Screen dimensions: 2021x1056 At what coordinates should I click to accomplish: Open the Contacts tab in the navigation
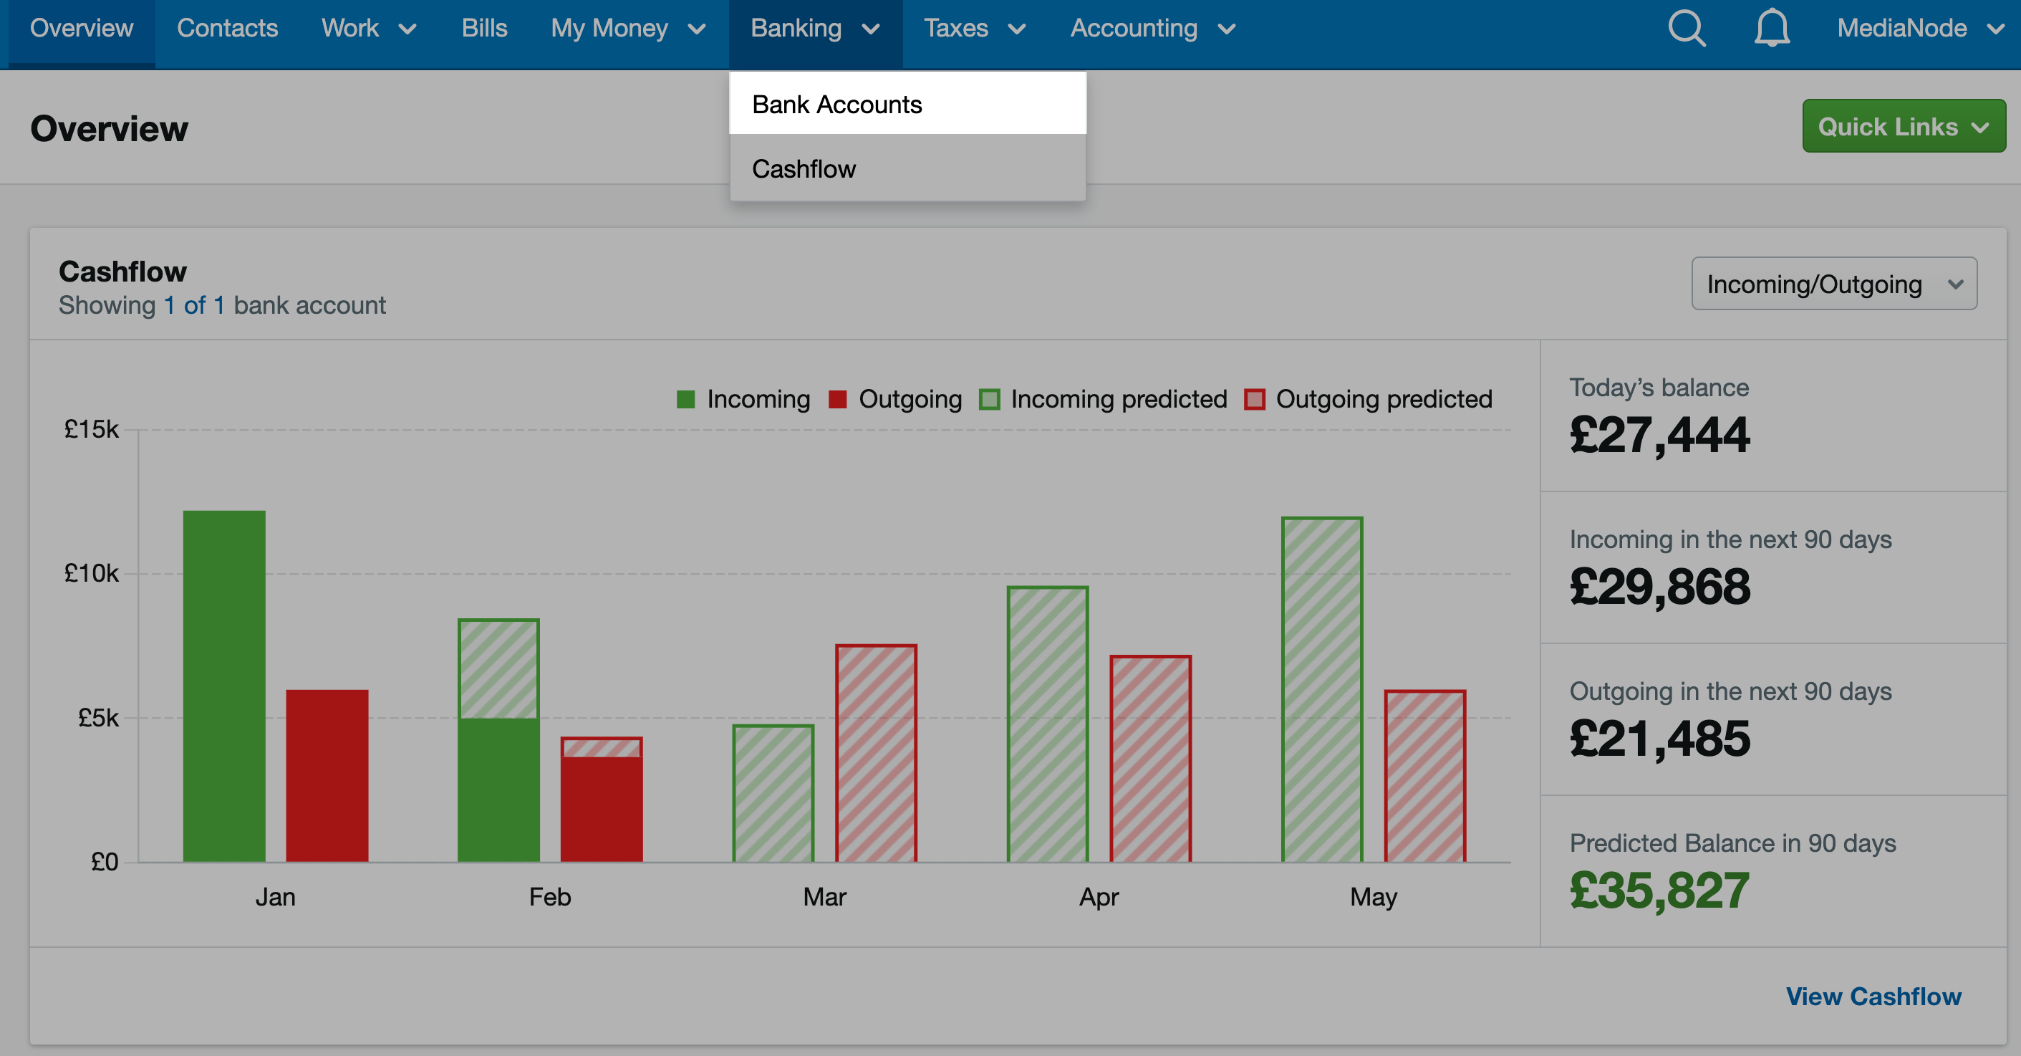pos(228,28)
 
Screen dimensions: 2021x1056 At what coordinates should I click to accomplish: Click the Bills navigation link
pos(484,28)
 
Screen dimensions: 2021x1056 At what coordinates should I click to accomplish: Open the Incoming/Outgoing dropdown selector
pos(1833,283)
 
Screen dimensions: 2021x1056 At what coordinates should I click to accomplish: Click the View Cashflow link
pos(1873,996)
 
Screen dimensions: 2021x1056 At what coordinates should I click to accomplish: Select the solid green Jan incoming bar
pos(224,686)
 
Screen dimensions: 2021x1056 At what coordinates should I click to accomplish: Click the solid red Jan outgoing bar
pos(327,776)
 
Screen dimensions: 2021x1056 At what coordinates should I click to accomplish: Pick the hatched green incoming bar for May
pos(1322,690)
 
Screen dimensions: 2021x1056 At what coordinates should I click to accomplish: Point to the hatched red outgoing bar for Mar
pos(877,753)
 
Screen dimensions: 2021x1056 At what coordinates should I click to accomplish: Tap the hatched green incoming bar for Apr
pos(1047,724)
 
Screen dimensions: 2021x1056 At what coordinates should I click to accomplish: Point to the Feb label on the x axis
pos(550,897)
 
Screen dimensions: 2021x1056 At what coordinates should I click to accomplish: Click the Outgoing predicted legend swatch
pos(1255,399)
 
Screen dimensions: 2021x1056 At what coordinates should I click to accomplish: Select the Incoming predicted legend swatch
pos(989,399)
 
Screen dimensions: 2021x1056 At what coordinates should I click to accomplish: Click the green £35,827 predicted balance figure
pos(1659,891)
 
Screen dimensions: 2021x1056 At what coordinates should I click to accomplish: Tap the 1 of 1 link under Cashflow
pos(195,304)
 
